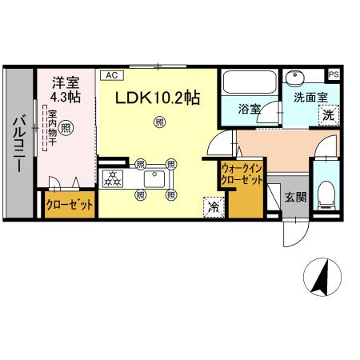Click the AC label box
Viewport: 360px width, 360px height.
[x=110, y=75]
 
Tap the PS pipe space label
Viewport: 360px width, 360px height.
[x=334, y=74]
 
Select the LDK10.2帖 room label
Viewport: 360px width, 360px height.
[x=158, y=98]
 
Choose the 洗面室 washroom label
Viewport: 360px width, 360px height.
[x=308, y=98]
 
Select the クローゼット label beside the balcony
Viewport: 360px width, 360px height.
[x=69, y=205]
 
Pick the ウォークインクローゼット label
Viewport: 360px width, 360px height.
[x=242, y=175]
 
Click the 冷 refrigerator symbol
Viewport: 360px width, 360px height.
[x=214, y=206]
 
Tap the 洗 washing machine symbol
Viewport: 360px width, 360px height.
[x=327, y=114]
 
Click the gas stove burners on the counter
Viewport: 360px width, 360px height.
[x=114, y=178]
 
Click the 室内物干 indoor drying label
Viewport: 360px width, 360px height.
[x=51, y=129]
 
